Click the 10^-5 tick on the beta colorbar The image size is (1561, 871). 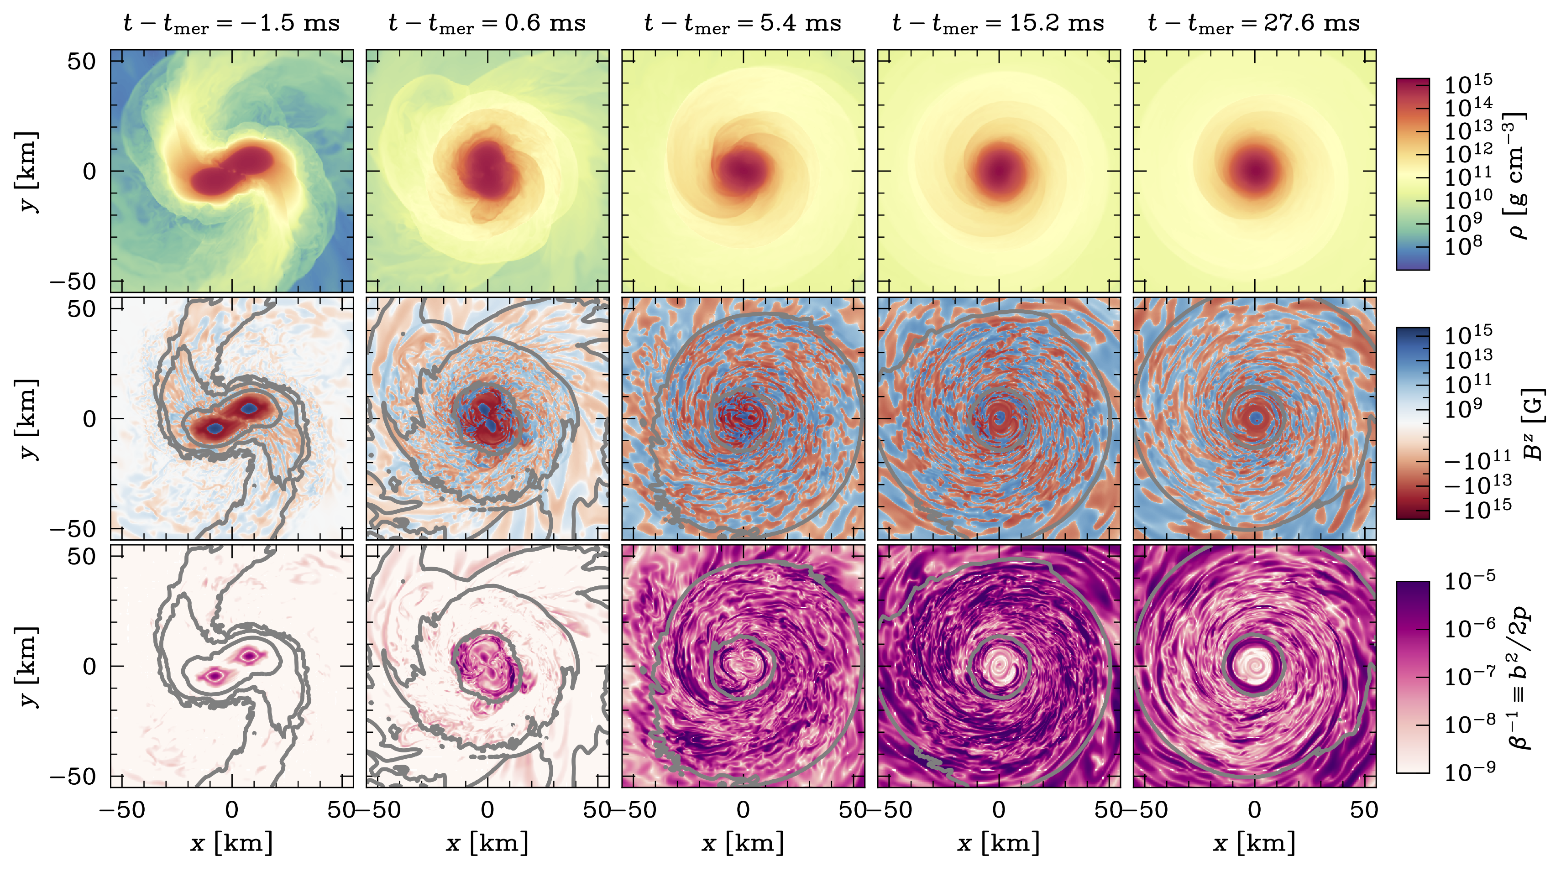coord(1470,580)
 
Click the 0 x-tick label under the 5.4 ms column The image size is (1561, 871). coord(743,810)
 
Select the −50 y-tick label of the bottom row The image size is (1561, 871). coord(73,777)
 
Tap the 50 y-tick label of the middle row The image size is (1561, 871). coord(81,309)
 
